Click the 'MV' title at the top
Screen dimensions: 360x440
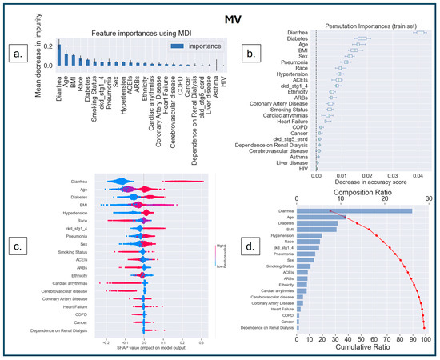click(218, 10)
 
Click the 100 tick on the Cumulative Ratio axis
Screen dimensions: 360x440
click(426, 340)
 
